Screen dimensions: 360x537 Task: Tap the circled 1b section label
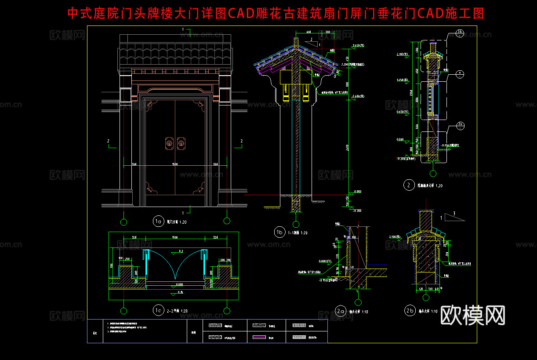pos(279,232)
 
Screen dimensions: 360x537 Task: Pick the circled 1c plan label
pos(158,310)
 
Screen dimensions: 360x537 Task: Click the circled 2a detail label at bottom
pos(340,311)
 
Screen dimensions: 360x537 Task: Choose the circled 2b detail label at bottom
pos(410,311)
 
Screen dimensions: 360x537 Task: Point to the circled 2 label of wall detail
pos(409,185)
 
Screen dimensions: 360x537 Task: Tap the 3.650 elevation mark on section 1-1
pos(356,46)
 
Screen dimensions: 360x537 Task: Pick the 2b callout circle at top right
pos(460,33)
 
